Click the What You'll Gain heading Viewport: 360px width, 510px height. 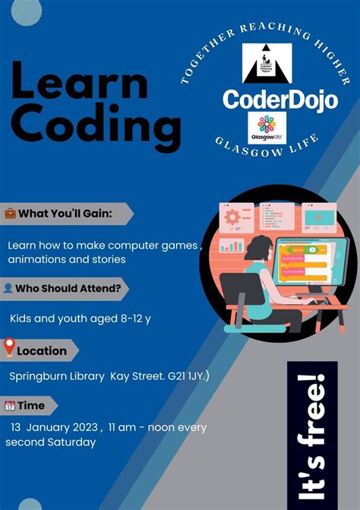coord(65,214)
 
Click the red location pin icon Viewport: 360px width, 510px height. coord(10,350)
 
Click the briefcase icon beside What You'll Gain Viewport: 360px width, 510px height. coord(11,214)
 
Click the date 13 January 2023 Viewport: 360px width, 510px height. coord(53,427)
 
